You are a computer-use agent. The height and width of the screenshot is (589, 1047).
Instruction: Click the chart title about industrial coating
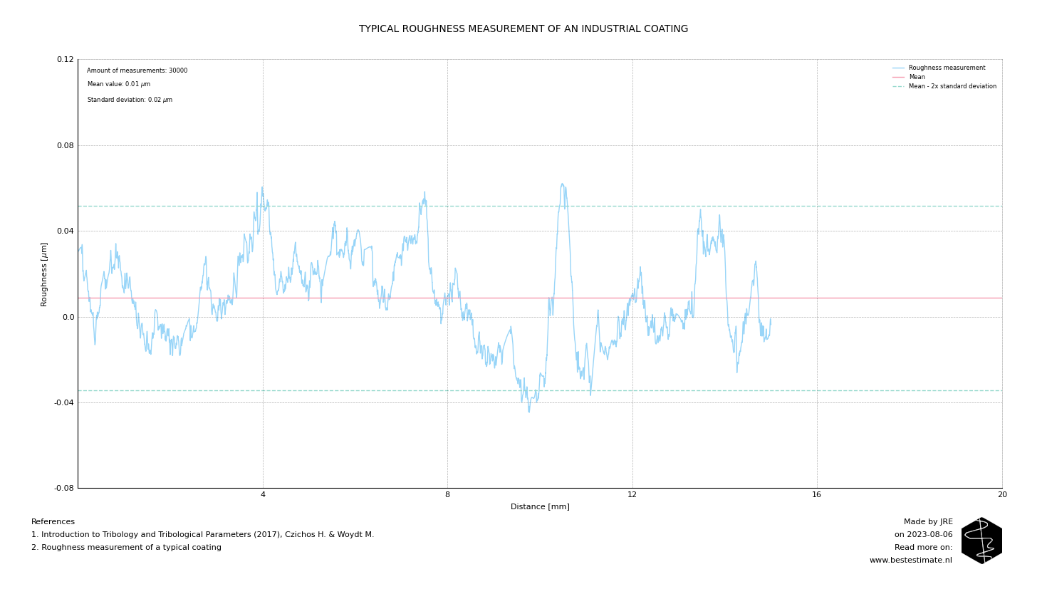coord(523,29)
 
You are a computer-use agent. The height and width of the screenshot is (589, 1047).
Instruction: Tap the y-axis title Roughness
coord(44,274)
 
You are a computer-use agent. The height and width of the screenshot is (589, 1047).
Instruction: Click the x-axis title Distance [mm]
coord(540,507)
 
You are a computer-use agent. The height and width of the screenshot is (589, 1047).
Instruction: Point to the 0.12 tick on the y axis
coord(65,60)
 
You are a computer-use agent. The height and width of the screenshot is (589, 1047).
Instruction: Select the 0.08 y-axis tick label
coord(65,145)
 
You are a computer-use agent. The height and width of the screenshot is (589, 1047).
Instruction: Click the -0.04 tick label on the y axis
coord(64,402)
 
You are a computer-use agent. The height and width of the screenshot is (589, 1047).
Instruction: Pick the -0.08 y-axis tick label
coord(64,488)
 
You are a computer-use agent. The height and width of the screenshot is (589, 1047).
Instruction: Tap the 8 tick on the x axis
coord(447,495)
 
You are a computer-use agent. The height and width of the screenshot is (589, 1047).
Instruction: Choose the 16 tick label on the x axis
coord(817,495)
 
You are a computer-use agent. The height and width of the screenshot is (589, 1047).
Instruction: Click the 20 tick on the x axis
coord(1002,495)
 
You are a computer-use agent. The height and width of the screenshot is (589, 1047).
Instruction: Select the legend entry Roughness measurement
coord(947,68)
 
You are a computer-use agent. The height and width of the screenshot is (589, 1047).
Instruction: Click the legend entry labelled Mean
coord(917,78)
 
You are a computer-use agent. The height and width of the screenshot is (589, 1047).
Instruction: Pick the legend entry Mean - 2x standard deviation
coord(952,87)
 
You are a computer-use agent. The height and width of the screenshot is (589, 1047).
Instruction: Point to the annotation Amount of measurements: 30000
coord(137,71)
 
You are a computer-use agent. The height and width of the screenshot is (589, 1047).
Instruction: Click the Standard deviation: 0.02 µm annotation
coord(130,100)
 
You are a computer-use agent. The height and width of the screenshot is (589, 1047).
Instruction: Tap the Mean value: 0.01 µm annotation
coord(119,85)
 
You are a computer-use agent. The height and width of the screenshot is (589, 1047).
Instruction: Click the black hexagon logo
coord(981,541)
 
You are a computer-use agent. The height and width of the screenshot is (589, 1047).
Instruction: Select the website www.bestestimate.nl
coord(910,561)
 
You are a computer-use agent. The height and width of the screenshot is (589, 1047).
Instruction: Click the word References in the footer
coord(53,522)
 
